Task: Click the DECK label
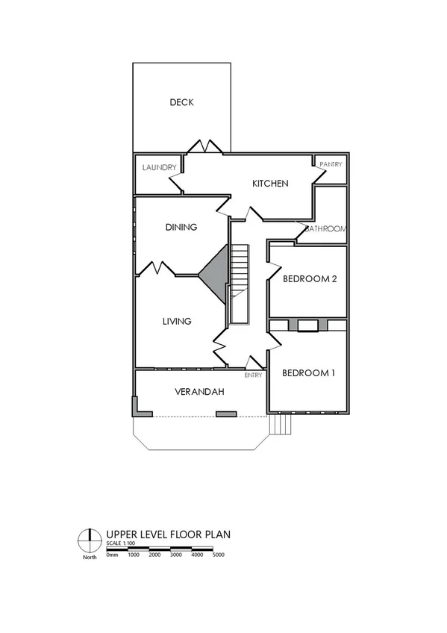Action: pyautogui.click(x=181, y=102)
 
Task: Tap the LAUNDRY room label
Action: pyautogui.click(x=159, y=167)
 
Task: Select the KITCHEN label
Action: pyautogui.click(x=269, y=184)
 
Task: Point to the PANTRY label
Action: pyautogui.click(x=331, y=163)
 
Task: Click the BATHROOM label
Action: pyautogui.click(x=325, y=229)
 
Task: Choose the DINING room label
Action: pyautogui.click(x=181, y=227)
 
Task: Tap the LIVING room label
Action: pyautogui.click(x=177, y=321)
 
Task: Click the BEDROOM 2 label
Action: pyautogui.click(x=310, y=279)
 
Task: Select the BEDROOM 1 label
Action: pyautogui.click(x=308, y=372)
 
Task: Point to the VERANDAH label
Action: pyautogui.click(x=200, y=392)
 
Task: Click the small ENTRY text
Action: pyautogui.click(x=253, y=375)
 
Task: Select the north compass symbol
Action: pyautogui.click(x=90, y=537)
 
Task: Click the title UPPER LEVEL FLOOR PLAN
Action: pyautogui.click(x=169, y=534)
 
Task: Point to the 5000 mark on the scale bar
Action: pyautogui.click(x=218, y=555)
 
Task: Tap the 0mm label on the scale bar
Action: pyautogui.click(x=113, y=555)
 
